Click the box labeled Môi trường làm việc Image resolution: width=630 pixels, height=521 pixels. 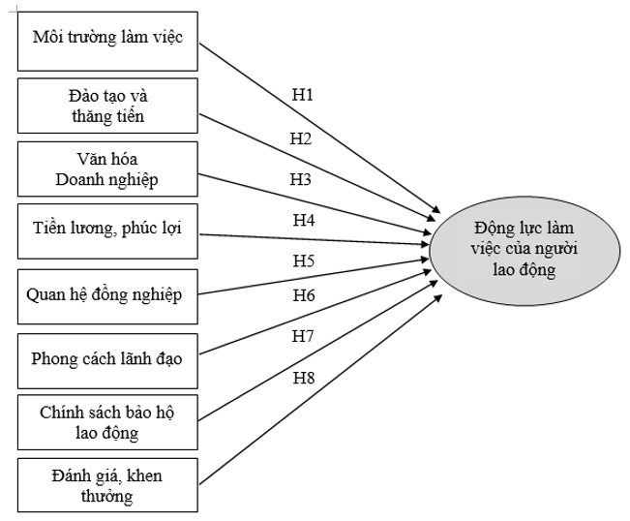(x=108, y=40)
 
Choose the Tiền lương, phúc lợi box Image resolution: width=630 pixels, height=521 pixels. (x=108, y=230)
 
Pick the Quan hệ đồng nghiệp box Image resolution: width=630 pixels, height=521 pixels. (x=108, y=292)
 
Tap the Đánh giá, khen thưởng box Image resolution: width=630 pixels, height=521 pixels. (x=108, y=483)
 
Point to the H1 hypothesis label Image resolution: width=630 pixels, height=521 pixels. (x=303, y=96)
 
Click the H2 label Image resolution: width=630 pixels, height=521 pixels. (x=301, y=139)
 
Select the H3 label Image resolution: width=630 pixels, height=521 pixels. (x=301, y=179)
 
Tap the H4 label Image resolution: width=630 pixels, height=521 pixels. (x=303, y=220)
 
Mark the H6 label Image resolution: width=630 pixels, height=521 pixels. (x=303, y=295)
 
